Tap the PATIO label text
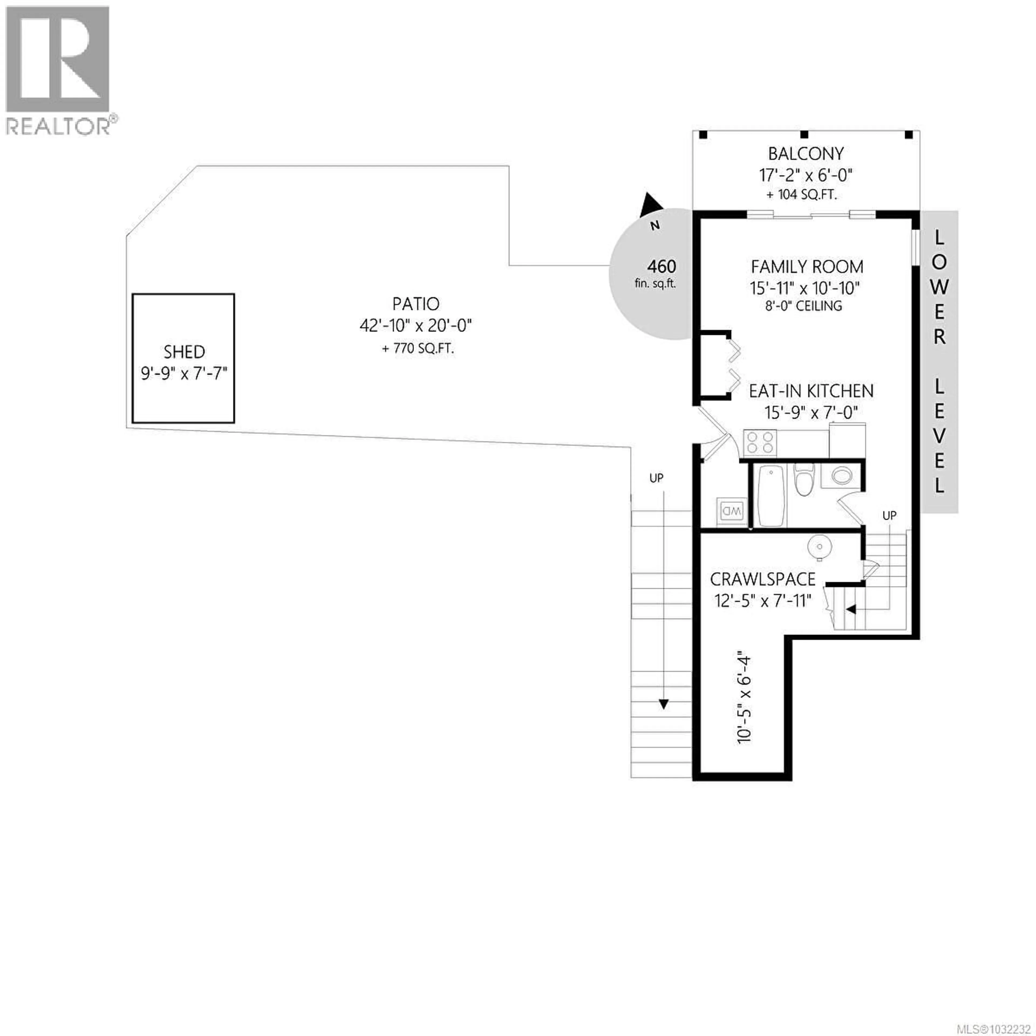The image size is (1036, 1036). tap(415, 304)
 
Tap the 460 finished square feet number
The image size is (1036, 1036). tap(661, 267)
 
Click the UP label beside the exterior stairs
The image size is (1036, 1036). tap(656, 478)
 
